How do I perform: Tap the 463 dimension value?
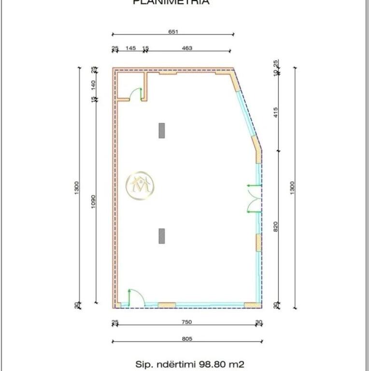(x=187, y=48)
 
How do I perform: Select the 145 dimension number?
(x=130, y=48)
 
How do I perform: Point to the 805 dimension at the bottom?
(x=187, y=339)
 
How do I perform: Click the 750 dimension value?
(x=186, y=322)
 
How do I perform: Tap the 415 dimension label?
(x=275, y=112)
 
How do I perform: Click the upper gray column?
(x=162, y=130)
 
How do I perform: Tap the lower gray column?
(x=162, y=236)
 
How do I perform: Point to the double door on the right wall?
(x=253, y=199)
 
